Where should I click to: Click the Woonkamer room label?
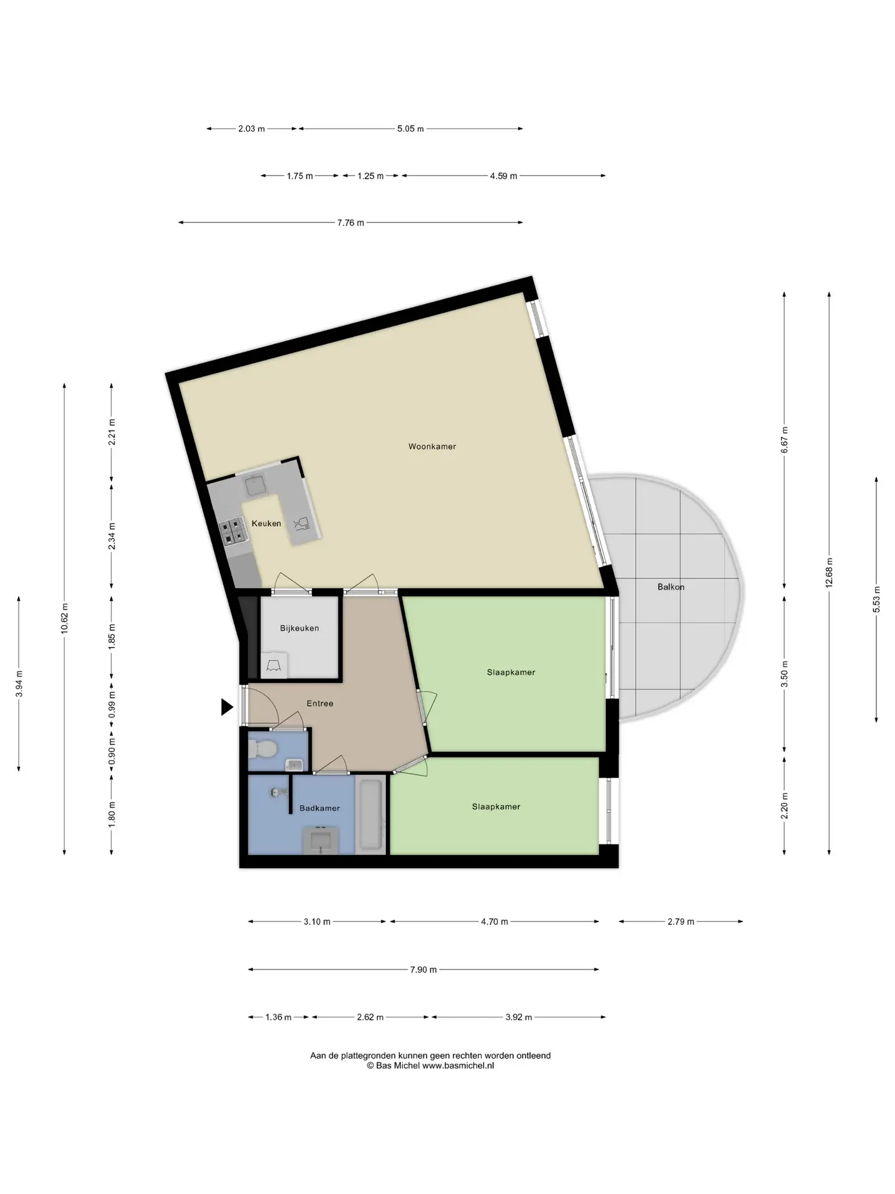coord(432,447)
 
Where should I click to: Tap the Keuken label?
coord(266,524)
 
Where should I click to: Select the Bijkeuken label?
coord(300,628)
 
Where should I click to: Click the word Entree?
coord(320,703)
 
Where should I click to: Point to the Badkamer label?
coord(319,808)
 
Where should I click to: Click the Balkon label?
coord(671,586)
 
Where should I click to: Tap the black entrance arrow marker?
coord(227,707)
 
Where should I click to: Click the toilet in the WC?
coord(262,749)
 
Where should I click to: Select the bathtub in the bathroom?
coord(370,815)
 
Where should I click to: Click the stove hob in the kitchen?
coord(232,532)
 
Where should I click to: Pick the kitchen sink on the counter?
coord(255,485)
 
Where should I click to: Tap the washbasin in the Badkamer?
coord(321,840)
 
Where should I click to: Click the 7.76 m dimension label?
coord(351,223)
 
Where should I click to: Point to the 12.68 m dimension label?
coord(829,573)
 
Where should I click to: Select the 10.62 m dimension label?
coord(65,619)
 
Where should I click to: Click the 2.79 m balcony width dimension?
coord(681,922)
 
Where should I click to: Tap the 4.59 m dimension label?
coord(503,176)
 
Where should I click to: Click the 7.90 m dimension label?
coord(423,970)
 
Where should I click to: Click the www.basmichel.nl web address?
coord(458,1065)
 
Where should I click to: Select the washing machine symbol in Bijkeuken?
coord(274,665)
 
